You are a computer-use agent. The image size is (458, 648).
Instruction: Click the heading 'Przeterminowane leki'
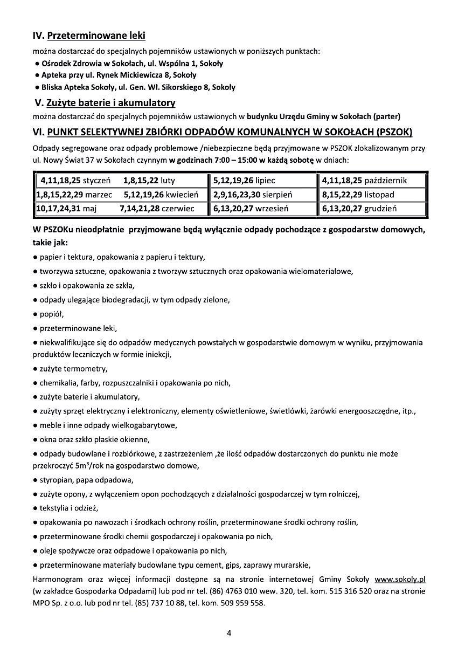(x=96, y=37)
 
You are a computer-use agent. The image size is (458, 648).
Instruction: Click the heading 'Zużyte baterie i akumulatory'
(x=111, y=102)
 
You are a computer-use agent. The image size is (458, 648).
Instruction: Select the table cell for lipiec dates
(x=263, y=181)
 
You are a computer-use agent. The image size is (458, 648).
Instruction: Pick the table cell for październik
(x=372, y=181)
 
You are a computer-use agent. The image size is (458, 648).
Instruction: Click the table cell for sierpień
(x=263, y=194)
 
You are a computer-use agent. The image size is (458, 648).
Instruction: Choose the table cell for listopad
(x=372, y=194)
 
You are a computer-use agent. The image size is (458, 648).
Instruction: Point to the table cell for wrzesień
(x=263, y=208)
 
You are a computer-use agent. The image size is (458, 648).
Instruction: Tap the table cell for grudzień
(x=372, y=208)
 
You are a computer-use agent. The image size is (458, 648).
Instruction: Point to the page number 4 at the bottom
(x=229, y=632)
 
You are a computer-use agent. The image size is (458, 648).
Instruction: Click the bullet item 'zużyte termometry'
(x=73, y=369)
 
